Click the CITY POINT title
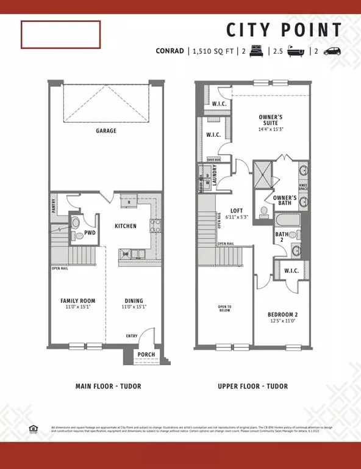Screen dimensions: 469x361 (284, 30)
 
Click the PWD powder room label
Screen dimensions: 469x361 (89, 232)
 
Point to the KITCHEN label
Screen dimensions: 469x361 (126, 226)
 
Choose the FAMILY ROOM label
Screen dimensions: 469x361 (77, 300)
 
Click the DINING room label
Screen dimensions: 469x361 (134, 300)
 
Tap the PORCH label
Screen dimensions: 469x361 (146, 355)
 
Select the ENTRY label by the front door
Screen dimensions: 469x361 (132, 336)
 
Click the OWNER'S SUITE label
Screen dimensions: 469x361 (271, 120)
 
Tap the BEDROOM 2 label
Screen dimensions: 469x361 (282, 315)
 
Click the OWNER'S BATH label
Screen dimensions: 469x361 (285, 201)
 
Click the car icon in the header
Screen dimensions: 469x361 (332, 52)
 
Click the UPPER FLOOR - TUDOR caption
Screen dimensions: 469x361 (252, 386)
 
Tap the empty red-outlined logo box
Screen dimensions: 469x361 (60, 35)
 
